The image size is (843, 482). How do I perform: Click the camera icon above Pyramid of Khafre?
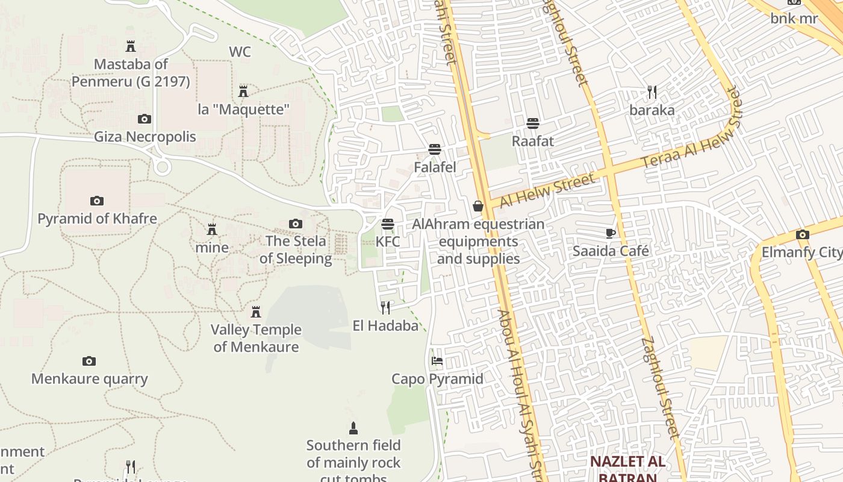pos(96,201)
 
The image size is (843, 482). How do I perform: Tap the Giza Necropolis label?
pos(145,137)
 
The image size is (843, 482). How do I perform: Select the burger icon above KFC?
pos(388,224)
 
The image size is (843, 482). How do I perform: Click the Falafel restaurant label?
pos(435,167)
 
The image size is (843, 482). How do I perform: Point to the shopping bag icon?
pos(478,207)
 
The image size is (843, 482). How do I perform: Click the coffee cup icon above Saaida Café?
pos(611,233)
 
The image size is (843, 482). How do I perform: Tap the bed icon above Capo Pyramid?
pos(437,361)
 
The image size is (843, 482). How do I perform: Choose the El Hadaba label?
pos(385,326)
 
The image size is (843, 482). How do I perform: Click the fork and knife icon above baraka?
pos(652,92)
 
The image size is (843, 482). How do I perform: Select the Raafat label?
pos(532,141)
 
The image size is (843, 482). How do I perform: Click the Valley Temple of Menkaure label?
pos(256,338)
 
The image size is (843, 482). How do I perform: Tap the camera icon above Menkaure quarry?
pos(89,361)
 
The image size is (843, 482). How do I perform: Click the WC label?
pos(240,52)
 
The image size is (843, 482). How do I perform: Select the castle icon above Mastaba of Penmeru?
pos(130,46)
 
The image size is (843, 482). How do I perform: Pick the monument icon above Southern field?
pos(353,428)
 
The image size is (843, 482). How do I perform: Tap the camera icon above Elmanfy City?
pos(802,234)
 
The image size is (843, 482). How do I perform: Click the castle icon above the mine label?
pos(212,230)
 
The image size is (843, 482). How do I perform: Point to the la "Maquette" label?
pos(244,110)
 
